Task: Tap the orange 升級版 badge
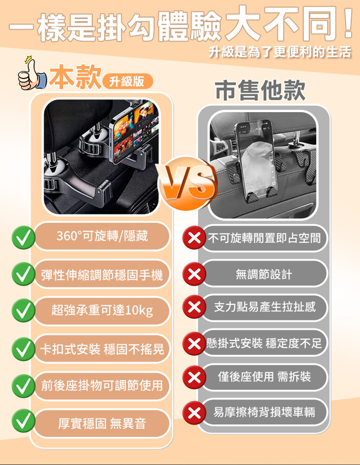pos(127,81)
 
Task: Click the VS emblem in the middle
pos(187,183)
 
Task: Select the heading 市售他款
pos(260,90)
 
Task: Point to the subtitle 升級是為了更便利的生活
pos(280,52)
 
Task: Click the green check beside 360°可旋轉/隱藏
pos(23,237)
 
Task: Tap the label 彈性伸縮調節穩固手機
pos(102,275)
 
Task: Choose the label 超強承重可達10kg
pos(102,311)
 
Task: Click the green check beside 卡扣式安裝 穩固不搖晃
pos(23,349)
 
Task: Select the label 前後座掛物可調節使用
pos(102,385)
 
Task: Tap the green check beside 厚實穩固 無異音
pos(23,420)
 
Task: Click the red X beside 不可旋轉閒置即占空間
pos(194,237)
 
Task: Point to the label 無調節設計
pos(264,274)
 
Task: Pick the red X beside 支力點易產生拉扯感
pos(194,306)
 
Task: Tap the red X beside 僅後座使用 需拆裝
pos(194,377)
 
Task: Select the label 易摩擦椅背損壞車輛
pos(264,412)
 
